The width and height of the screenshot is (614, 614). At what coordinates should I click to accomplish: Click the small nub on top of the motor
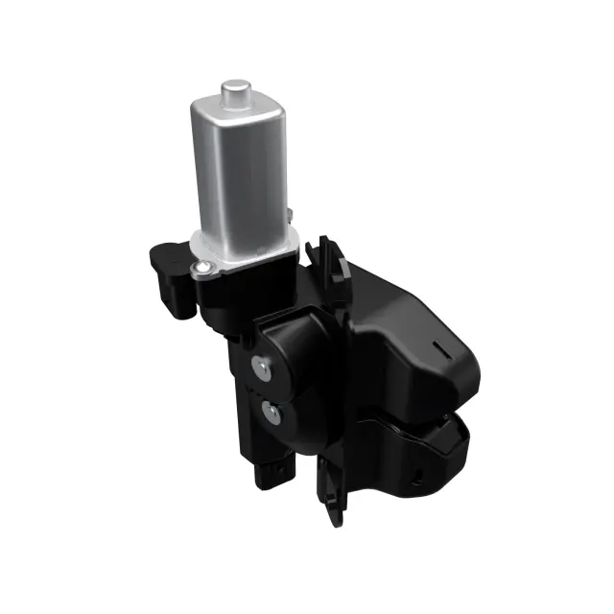[233, 94]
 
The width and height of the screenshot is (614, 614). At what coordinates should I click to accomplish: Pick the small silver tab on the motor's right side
[287, 214]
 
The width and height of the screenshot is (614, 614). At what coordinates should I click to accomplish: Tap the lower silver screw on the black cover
[272, 413]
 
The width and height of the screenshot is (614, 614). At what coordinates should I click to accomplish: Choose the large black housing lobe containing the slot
[422, 345]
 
